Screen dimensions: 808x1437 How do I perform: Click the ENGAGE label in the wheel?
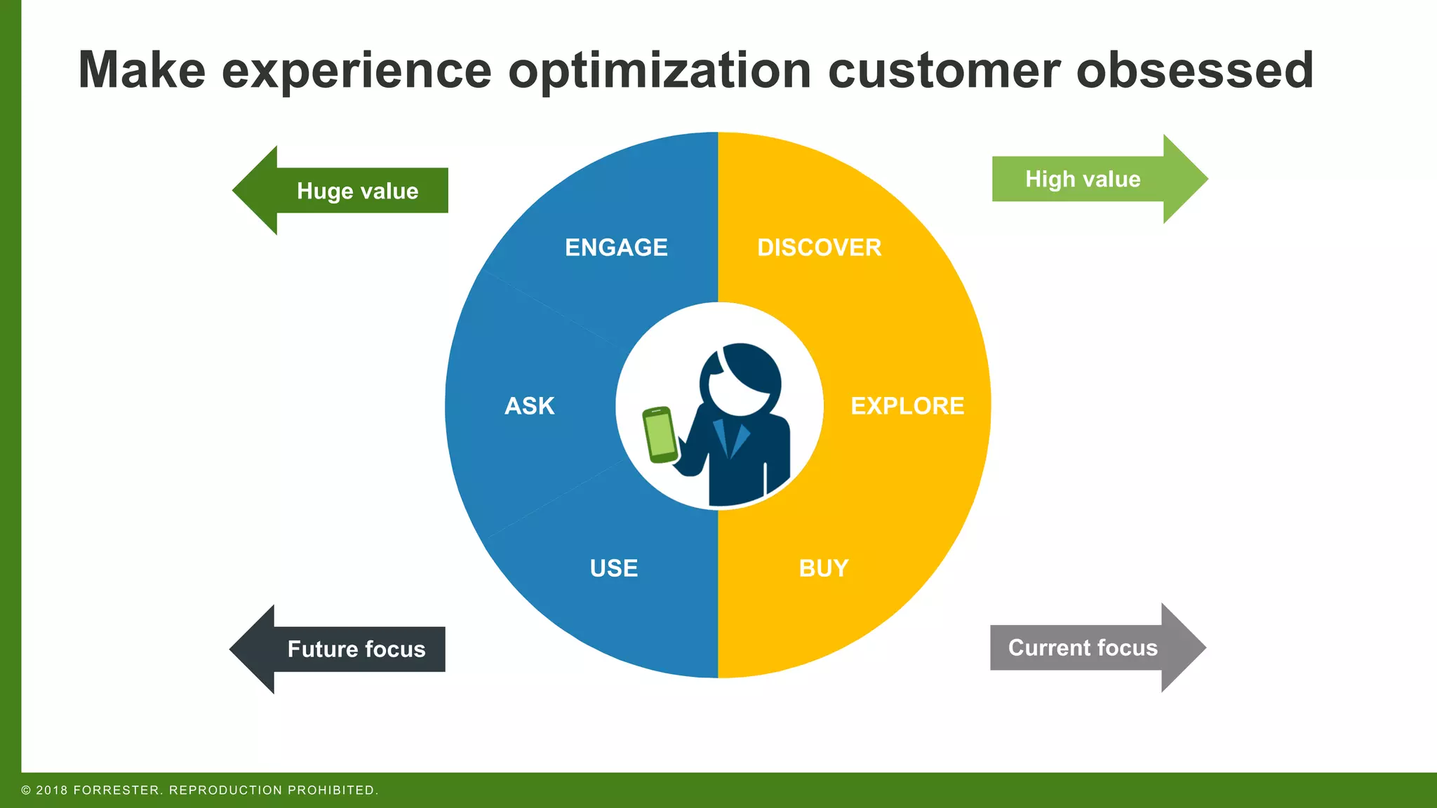coord(616,248)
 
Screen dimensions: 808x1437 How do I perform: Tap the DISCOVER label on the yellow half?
coord(819,248)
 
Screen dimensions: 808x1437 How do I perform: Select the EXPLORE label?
coord(907,406)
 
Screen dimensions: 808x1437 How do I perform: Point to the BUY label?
coord(824,568)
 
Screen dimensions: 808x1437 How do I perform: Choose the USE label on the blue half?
coord(614,568)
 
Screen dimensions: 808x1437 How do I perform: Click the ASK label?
coord(530,406)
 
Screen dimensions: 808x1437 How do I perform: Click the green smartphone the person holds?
coord(660,435)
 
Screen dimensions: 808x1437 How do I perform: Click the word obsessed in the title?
coord(1194,70)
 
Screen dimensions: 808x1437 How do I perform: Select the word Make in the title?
coord(142,70)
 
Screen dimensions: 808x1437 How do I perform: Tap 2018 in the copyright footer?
coord(52,790)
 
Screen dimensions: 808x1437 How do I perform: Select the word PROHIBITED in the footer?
coord(333,790)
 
